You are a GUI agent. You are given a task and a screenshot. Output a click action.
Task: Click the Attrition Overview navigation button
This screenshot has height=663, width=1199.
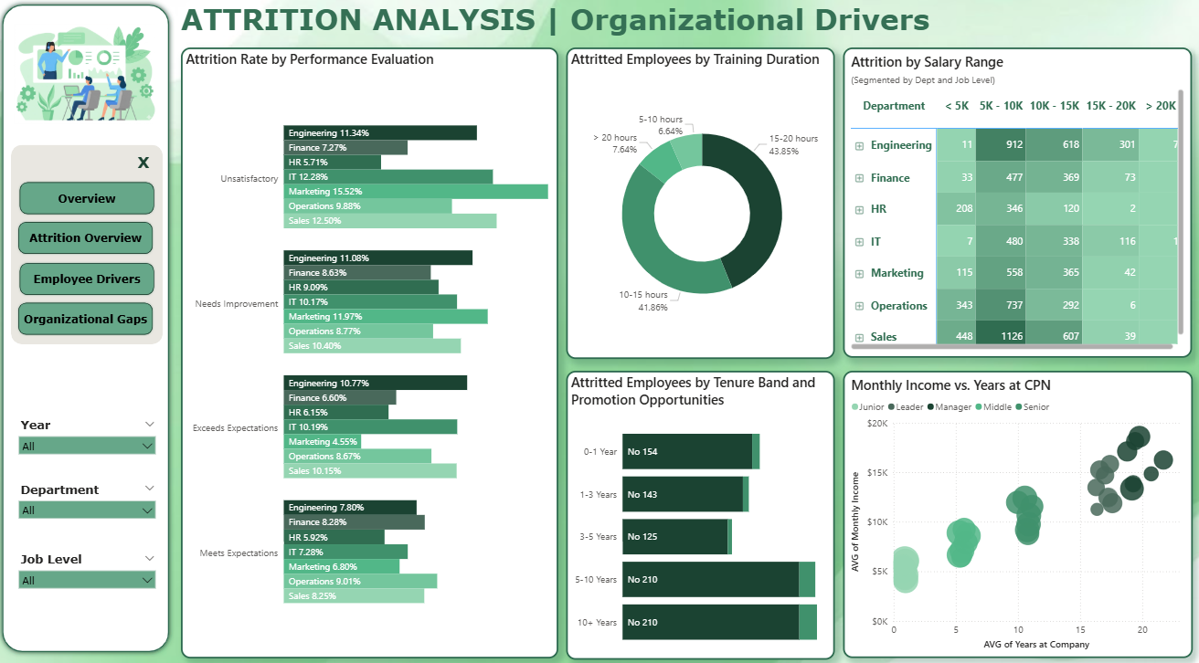point(86,237)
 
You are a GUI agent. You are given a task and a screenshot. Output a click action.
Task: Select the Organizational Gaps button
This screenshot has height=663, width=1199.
point(86,319)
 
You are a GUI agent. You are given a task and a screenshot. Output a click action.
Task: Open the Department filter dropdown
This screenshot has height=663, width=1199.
point(87,510)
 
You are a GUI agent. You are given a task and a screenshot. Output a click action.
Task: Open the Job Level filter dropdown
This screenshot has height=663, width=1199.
point(87,580)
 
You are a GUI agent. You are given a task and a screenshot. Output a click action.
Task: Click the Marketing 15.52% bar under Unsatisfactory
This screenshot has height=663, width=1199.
point(416,192)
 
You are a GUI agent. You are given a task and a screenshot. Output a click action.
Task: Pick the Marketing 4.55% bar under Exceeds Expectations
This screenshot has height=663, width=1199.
point(322,442)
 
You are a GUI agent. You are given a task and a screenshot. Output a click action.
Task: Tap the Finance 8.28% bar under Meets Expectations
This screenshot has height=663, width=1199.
point(354,522)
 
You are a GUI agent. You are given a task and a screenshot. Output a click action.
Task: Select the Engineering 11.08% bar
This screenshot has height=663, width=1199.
point(377,258)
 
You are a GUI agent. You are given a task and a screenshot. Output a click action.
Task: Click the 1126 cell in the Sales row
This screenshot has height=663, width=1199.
point(1001,336)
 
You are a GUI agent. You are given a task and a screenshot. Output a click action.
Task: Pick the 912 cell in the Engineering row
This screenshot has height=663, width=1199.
point(1001,144)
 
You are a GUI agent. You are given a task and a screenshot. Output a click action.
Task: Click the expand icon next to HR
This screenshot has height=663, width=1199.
point(859,210)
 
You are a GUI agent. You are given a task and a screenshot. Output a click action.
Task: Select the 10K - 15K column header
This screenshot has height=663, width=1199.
point(1054,105)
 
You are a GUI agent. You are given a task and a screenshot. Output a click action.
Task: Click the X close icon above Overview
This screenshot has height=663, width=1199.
point(143,163)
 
